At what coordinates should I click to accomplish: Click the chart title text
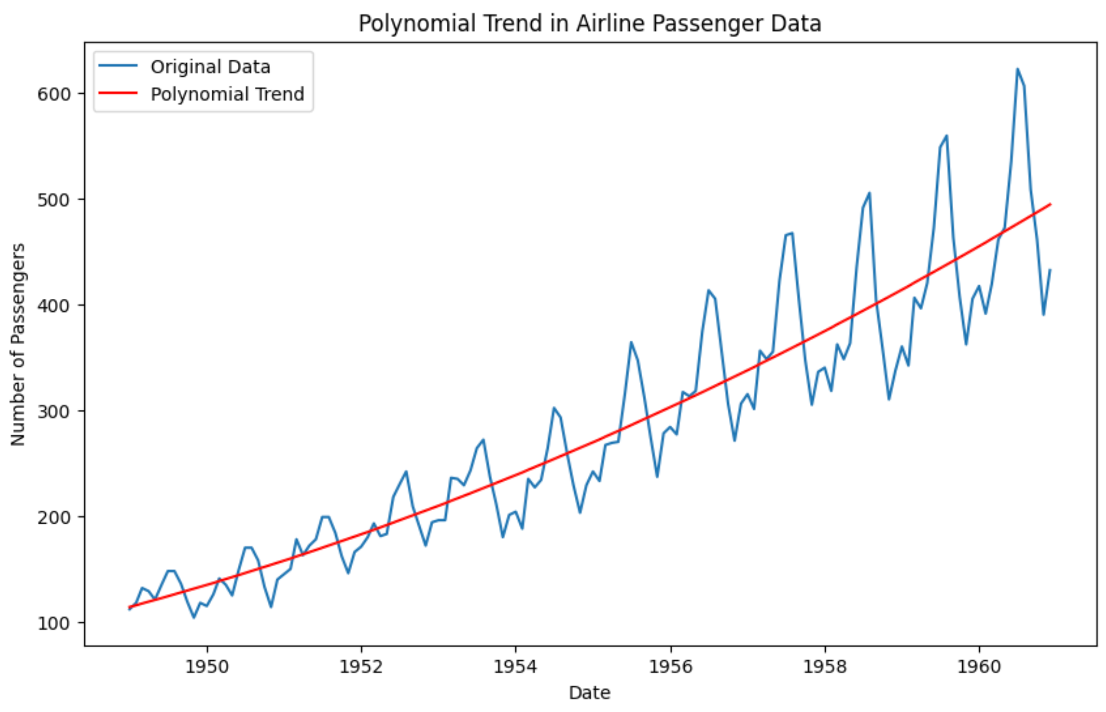(589, 24)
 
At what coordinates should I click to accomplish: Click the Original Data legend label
(210, 67)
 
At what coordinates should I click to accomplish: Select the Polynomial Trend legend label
(227, 94)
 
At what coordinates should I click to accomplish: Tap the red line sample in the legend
(118, 93)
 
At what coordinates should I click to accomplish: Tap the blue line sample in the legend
(118, 66)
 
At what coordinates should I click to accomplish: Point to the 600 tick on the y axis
(54, 94)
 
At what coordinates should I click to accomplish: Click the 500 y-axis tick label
(54, 200)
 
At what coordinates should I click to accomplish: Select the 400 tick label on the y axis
(54, 305)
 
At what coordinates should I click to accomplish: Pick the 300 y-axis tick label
(54, 411)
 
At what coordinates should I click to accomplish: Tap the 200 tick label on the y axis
(54, 517)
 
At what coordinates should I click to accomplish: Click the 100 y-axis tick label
(54, 623)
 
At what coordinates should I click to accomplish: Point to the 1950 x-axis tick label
(206, 667)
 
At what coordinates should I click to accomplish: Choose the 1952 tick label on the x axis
(361, 667)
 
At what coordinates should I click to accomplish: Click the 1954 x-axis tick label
(515, 667)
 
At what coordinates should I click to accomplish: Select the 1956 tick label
(671, 667)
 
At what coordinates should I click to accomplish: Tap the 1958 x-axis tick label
(825, 667)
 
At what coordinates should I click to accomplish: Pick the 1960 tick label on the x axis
(979, 667)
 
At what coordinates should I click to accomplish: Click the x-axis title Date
(589, 693)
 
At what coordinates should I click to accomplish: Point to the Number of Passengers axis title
(18, 344)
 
